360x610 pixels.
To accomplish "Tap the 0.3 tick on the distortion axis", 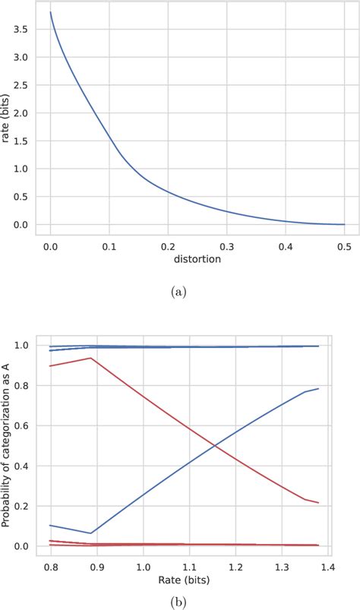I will pyautogui.click(x=226, y=246).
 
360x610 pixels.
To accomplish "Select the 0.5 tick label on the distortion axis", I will pyautogui.click(x=344, y=246).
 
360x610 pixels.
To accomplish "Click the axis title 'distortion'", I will pyautogui.click(x=197, y=260).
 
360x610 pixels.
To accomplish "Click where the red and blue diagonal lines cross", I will pyautogui.click(x=217, y=446).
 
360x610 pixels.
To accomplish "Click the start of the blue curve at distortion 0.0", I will pyautogui.click(x=50, y=12).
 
